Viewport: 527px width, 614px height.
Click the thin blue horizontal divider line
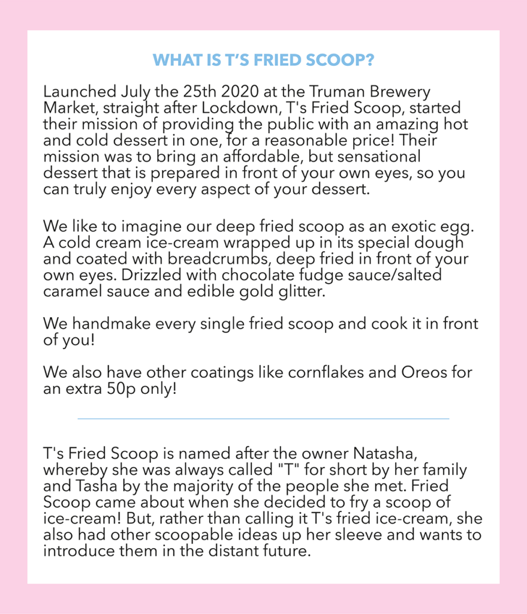pos(263,419)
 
